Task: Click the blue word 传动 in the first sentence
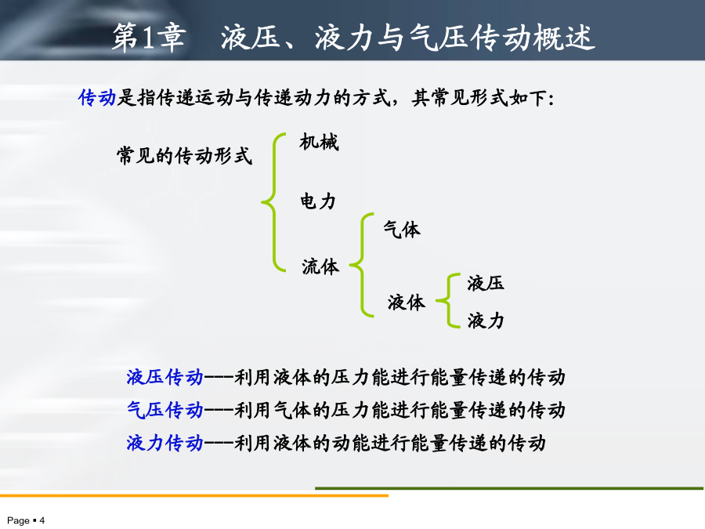pyautogui.click(x=97, y=97)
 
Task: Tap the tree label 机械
pyautogui.click(x=320, y=142)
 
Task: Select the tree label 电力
pyautogui.click(x=318, y=201)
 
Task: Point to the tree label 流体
pyautogui.click(x=320, y=266)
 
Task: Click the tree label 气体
pyautogui.click(x=402, y=230)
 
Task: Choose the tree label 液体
pyautogui.click(x=407, y=303)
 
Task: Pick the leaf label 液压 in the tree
pyautogui.click(x=486, y=284)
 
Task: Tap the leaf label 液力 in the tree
pyautogui.click(x=486, y=321)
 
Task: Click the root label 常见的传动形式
pyautogui.click(x=184, y=156)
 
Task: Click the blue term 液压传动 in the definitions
pyautogui.click(x=165, y=377)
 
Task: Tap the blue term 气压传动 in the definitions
pyautogui.click(x=165, y=410)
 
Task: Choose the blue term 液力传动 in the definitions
pyautogui.click(x=165, y=443)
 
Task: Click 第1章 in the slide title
pyautogui.click(x=149, y=38)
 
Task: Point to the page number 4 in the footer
pyautogui.click(x=42, y=520)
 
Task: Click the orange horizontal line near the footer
pyautogui.click(x=194, y=496)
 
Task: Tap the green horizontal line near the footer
pyautogui.click(x=509, y=488)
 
